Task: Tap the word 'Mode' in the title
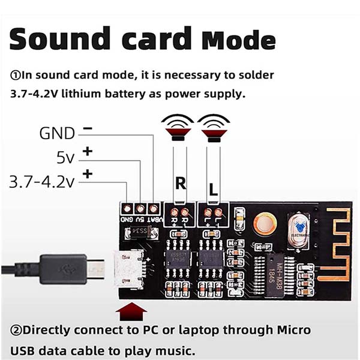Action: coord(239,40)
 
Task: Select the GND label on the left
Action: coord(57,133)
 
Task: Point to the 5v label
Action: coord(65,158)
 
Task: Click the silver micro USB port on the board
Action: coord(130,269)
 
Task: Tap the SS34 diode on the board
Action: coord(139,230)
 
